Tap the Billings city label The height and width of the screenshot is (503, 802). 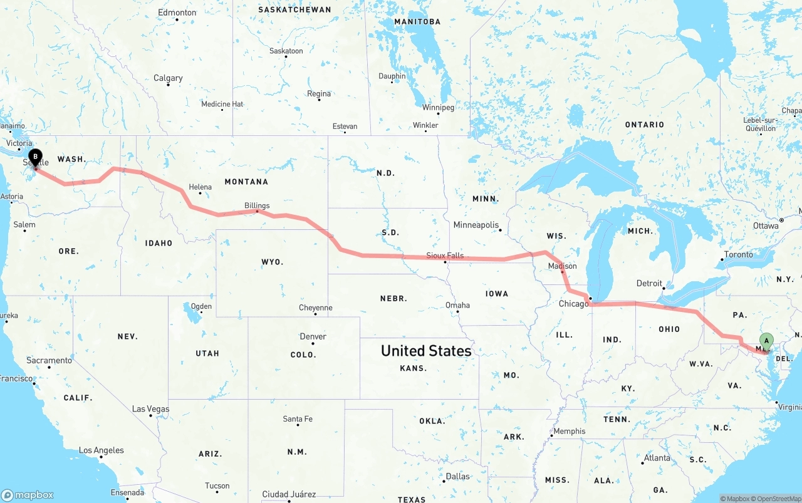(x=257, y=205)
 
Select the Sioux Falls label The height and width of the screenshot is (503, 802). (x=445, y=256)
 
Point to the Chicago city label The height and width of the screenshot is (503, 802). (x=573, y=304)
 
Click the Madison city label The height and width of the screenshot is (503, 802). (x=562, y=266)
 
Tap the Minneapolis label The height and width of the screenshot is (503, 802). (x=476, y=225)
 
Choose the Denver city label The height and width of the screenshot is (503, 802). (x=313, y=336)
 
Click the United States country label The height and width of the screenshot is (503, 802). (x=426, y=351)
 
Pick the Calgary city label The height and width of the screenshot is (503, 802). (x=168, y=78)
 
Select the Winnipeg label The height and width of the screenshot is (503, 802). (x=438, y=108)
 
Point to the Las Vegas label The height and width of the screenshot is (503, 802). (x=150, y=409)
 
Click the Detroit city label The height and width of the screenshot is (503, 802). (x=649, y=283)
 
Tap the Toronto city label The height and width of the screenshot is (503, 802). (x=738, y=255)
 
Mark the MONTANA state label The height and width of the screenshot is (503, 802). (x=246, y=182)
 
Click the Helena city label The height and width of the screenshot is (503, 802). (x=200, y=187)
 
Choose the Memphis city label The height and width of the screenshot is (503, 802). (x=570, y=431)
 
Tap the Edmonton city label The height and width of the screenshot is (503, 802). (x=177, y=13)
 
